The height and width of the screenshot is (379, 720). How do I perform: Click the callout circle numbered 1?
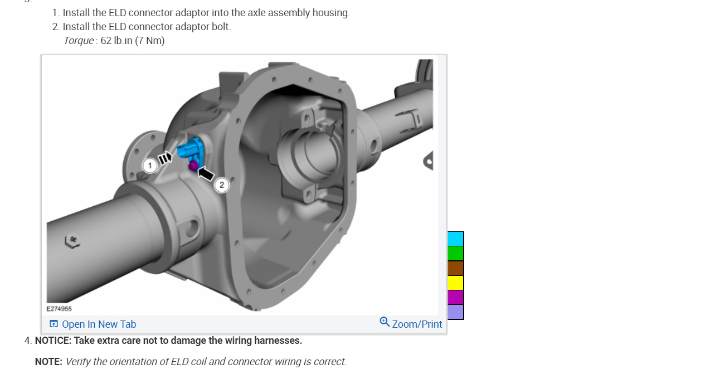tap(150, 166)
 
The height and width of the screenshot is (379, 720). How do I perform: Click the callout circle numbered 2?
tap(221, 185)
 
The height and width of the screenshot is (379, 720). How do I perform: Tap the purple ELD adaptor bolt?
tap(193, 166)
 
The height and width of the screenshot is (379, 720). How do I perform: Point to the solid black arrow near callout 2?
tap(206, 173)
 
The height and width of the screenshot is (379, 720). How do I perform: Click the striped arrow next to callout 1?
tap(165, 158)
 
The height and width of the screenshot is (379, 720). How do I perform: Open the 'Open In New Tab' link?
tap(93, 324)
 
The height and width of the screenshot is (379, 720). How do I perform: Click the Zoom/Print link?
tap(417, 324)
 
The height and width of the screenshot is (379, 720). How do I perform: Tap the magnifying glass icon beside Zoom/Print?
tap(385, 322)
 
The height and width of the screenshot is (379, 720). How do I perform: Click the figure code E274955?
tap(59, 309)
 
